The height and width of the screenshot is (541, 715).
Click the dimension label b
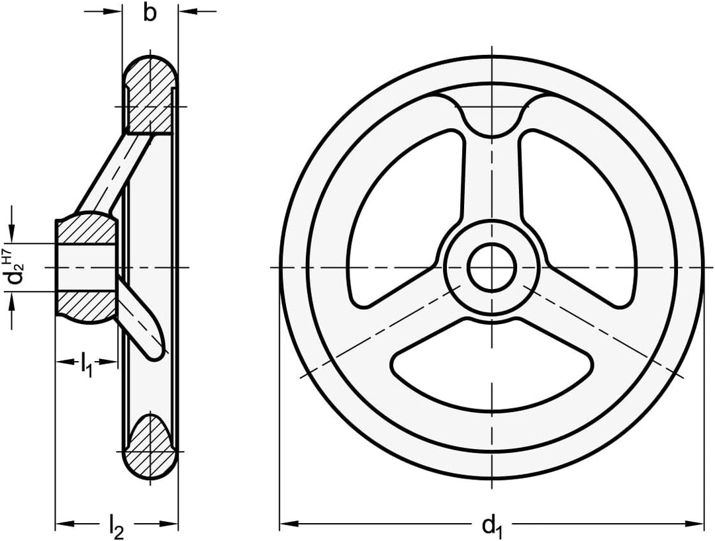[x=150, y=13]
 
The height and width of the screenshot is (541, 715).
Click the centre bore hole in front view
[x=492, y=267]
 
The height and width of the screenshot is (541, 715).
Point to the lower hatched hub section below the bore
[x=86, y=306]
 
